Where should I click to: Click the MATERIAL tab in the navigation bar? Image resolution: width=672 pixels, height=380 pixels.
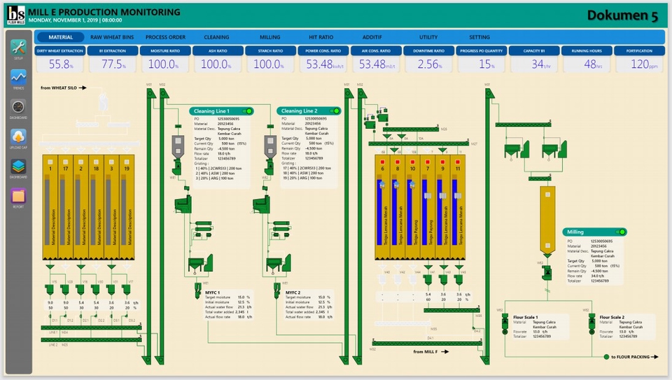60,37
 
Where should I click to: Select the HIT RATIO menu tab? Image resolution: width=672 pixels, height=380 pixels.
321,37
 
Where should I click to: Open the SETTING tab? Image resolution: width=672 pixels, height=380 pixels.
479,37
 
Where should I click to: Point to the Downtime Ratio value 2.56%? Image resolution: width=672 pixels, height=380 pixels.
428,64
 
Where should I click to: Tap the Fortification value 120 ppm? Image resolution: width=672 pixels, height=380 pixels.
638,64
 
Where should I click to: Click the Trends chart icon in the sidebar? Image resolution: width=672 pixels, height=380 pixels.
18,78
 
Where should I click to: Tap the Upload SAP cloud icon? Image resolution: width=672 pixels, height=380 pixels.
18,136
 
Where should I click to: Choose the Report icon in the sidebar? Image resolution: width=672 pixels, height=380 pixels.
18,195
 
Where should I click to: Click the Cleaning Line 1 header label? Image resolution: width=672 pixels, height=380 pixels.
211,111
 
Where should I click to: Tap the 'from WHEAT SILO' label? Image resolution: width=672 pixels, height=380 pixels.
63,88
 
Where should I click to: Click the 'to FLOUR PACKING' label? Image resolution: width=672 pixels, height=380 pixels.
633,358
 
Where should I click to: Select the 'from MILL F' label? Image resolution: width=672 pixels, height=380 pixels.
428,352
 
